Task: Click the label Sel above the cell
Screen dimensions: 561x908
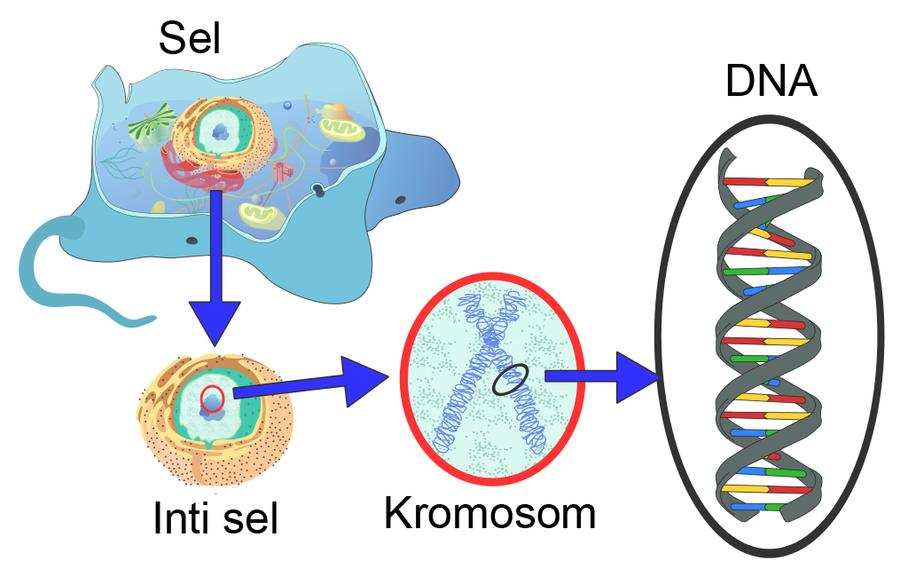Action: click(x=189, y=39)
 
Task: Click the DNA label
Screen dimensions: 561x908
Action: click(x=771, y=82)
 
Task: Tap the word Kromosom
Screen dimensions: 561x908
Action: click(x=489, y=513)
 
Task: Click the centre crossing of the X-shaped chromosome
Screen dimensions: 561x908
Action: click(x=490, y=342)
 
